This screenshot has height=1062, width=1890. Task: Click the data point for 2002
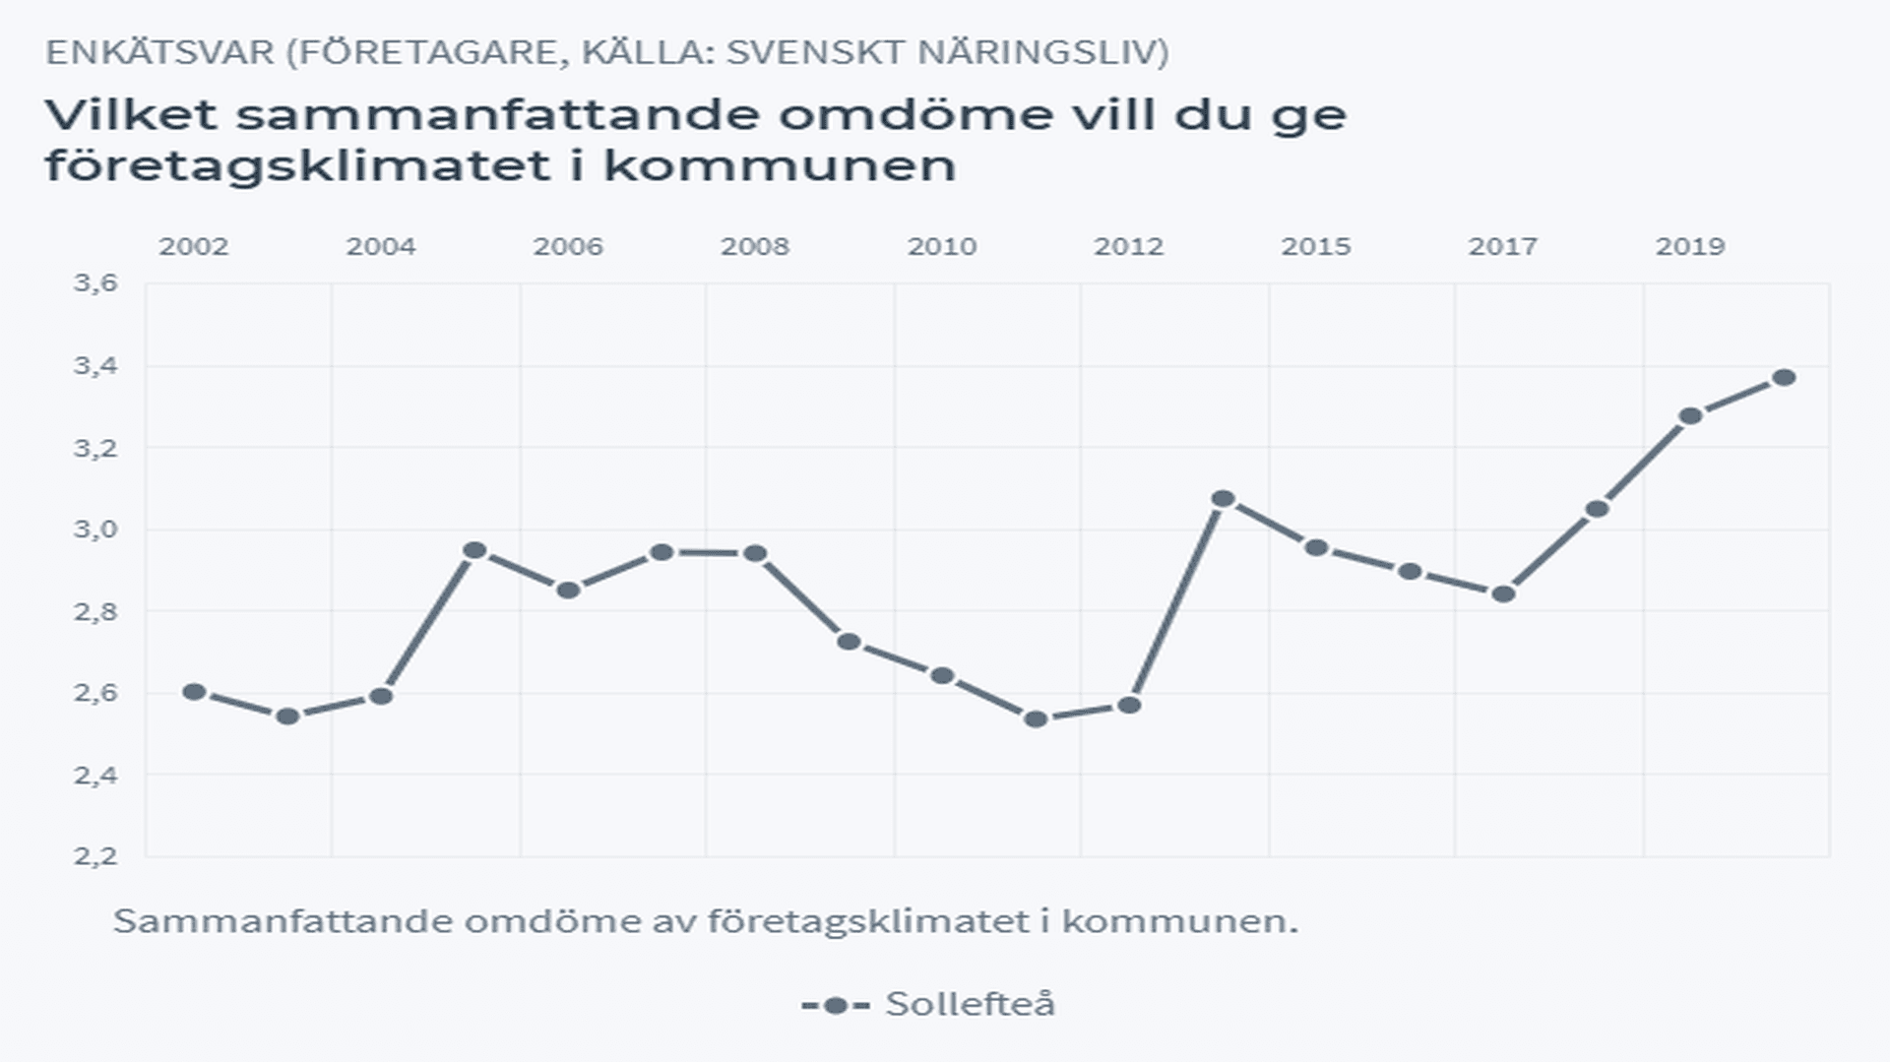click(194, 692)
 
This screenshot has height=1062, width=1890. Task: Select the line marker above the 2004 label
click(381, 696)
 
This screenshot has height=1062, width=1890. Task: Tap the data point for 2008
click(755, 553)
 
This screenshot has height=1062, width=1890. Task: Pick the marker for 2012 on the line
click(1129, 705)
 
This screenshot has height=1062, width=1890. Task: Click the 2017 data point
click(1503, 593)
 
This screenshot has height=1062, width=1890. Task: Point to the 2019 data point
click(1690, 415)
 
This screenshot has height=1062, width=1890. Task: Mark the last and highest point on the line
click(1784, 377)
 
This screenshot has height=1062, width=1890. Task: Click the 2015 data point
click(1316, 547)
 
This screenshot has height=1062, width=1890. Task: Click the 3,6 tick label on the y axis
click(95, 283)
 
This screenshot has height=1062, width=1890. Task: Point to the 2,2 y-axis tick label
click(95, 855)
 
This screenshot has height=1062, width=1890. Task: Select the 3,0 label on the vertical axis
click(95, 529)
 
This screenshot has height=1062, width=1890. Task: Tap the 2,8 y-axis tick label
click(95, 611)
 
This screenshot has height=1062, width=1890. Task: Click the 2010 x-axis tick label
click(942, 246)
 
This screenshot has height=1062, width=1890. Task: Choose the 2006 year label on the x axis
click(568, 246)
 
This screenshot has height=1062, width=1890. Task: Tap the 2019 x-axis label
click(1690, 246)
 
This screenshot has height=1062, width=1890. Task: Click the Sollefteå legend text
click(970, 1004)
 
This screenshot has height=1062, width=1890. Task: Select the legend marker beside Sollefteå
click(836, 1005)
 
